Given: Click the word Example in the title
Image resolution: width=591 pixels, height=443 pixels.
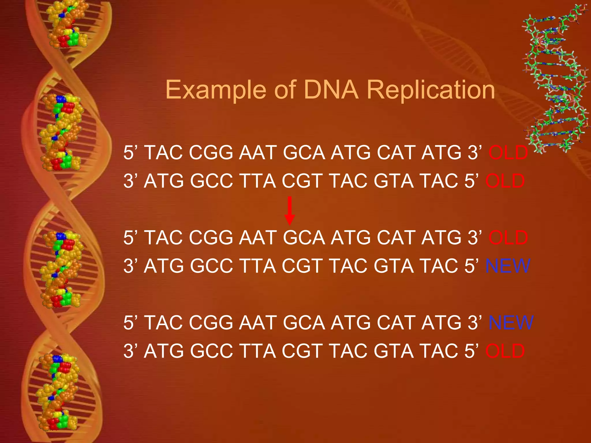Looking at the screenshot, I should [x=215, y=90].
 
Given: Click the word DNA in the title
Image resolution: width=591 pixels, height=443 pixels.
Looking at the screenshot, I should [x=331, y=90].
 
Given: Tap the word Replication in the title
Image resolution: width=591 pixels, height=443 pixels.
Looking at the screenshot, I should [x=431, y=90].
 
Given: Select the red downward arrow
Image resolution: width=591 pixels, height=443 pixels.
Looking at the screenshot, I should [x=290, y=211].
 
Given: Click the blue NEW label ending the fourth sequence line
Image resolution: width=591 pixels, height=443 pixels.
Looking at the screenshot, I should [x=508, y=266].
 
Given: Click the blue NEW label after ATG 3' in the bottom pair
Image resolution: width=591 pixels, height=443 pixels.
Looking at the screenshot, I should [x=511, y=322].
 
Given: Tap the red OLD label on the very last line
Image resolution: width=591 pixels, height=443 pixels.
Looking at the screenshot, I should [x=505, y=351].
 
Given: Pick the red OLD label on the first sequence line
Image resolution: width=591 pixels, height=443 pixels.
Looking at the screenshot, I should [x=508, y=153].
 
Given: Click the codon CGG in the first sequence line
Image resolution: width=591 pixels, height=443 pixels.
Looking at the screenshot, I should [x=211, y=153].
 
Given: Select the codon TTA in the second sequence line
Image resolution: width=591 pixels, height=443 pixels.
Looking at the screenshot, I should [x=257, y=181].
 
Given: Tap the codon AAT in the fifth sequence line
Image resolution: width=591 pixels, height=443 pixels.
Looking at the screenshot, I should [x=258, y=322].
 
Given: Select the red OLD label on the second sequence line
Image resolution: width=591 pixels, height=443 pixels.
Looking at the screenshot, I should [x=505, y=181].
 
